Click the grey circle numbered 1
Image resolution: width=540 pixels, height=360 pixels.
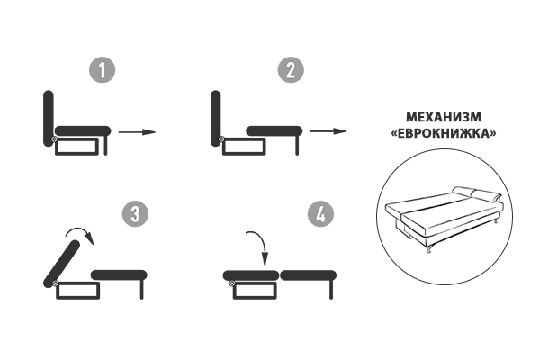(x=103, y=70)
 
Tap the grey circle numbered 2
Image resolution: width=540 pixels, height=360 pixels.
(x=291, y=70)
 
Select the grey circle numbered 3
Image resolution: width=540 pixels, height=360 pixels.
(x=136, y=213)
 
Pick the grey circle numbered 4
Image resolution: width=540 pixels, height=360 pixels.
(x=321, y=213)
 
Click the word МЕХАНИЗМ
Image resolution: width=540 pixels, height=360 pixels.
(x=444, y=117)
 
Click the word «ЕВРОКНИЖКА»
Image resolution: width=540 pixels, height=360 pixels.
(x=444, y=133)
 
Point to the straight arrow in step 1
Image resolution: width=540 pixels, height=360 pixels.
(x=137, y=131)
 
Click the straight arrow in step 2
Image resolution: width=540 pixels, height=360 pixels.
(x=328, y=131)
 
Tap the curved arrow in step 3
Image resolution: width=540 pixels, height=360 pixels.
(x=81, y=229)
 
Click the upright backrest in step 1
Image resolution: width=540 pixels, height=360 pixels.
(x=49, y=118)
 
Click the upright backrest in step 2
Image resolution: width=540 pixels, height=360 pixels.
(x=216, y=118)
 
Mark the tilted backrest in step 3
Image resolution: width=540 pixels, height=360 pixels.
(x=62, y=264)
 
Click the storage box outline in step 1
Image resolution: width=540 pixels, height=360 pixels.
(x=76, y=147)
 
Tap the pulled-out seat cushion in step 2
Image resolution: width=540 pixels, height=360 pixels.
(x=274, y=130)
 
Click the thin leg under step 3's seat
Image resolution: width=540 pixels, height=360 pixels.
(x=141, y=290)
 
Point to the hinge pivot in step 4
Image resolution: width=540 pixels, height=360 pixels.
(x=232, y=283)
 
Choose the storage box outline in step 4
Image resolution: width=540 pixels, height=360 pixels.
(x=255, y=291)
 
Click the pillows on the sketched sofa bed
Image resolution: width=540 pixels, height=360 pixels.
(x=477, y=194)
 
